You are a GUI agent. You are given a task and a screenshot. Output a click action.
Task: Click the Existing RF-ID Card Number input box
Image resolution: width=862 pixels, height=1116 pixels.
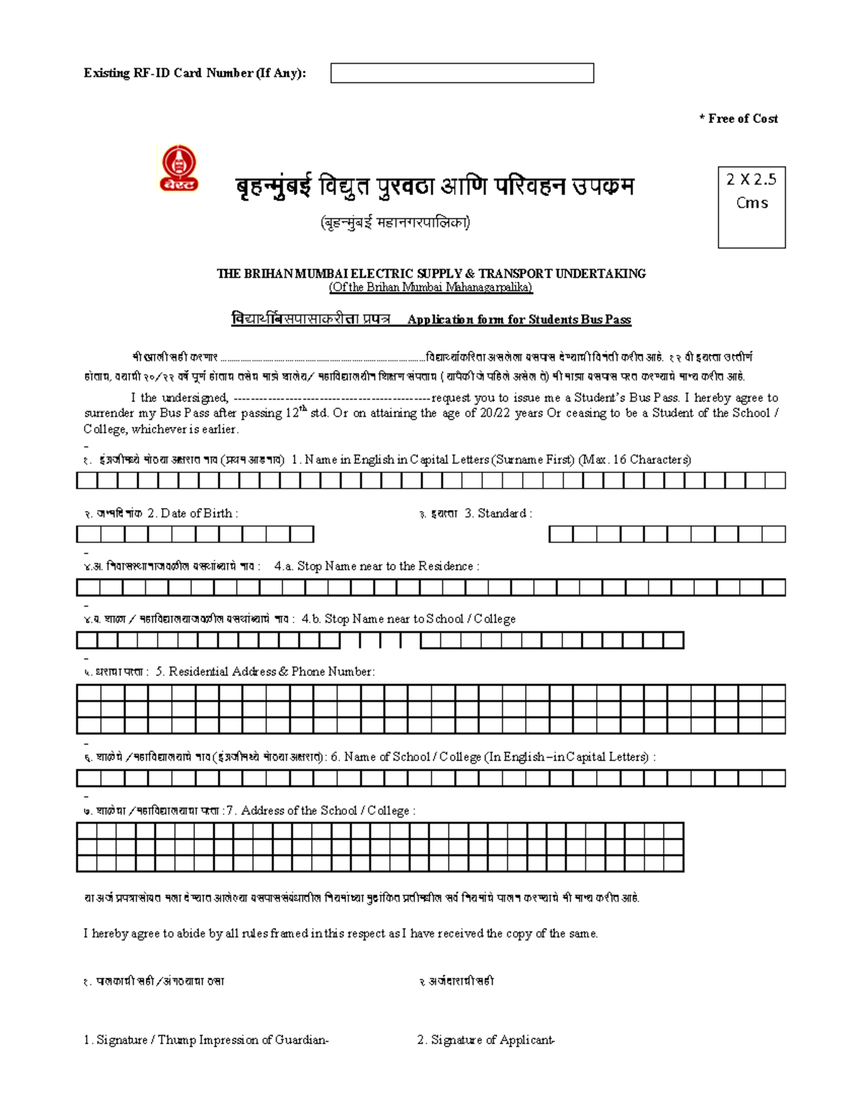pos(462,73)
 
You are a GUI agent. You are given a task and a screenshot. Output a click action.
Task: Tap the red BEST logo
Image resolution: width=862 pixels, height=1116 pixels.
pos(178,168)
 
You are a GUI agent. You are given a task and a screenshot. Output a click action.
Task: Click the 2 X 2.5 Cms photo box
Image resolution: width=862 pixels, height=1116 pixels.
pos(751,208)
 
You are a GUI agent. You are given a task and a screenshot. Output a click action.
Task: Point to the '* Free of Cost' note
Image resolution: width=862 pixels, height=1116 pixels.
pos(738,119)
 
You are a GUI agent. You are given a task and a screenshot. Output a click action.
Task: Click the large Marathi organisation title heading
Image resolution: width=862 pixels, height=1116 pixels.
pos(435,187)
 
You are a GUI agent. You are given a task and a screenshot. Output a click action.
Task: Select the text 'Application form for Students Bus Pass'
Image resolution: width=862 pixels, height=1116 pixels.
pos(519,320)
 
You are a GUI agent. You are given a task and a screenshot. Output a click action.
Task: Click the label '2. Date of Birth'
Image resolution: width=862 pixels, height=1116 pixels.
pos(192,513)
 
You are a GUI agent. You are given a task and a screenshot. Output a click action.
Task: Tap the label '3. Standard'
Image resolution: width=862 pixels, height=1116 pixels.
pos(498,513)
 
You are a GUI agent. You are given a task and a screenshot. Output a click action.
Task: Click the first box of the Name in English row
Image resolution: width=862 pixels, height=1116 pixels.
pos(87,481)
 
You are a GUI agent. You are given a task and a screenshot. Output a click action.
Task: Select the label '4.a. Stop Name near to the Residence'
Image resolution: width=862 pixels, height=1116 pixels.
pos(376,566)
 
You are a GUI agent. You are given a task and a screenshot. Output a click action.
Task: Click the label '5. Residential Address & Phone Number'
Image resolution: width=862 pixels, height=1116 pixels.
pos(265,671)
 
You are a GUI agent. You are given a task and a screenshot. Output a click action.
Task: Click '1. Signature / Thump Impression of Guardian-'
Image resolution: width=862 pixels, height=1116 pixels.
pos(206,1040)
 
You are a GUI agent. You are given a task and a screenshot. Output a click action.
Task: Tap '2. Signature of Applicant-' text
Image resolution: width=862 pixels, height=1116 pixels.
pos(486,1040)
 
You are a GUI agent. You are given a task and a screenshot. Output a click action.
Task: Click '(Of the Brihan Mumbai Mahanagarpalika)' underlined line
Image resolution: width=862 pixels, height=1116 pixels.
pos(431,287)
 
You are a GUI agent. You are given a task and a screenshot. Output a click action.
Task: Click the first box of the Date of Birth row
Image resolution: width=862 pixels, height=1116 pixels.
pos(88,535)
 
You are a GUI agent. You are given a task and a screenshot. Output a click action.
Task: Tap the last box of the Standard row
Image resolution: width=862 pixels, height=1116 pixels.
pos(774,535)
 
